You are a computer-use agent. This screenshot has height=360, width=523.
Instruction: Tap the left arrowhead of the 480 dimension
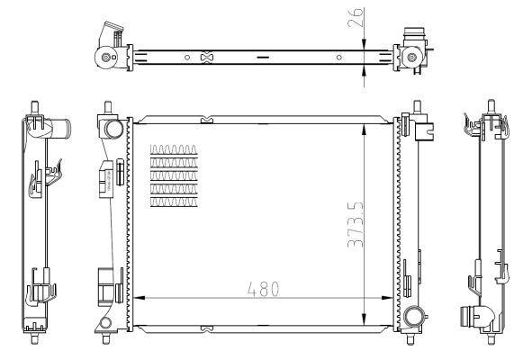coord(137,298)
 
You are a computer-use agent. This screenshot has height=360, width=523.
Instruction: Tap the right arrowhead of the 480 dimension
coord(390,298)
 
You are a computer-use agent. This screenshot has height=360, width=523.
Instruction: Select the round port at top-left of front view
coord(113,127)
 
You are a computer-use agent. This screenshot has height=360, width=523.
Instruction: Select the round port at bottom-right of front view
coord(414,317)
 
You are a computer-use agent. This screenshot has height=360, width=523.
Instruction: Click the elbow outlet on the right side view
coord(475,318)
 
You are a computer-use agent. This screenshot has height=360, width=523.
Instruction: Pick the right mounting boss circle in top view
coord(412,59)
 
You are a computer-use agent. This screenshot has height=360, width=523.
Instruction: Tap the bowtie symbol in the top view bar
coord(208,58)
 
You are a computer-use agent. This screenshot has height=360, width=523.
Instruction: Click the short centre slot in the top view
coord(262,58)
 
